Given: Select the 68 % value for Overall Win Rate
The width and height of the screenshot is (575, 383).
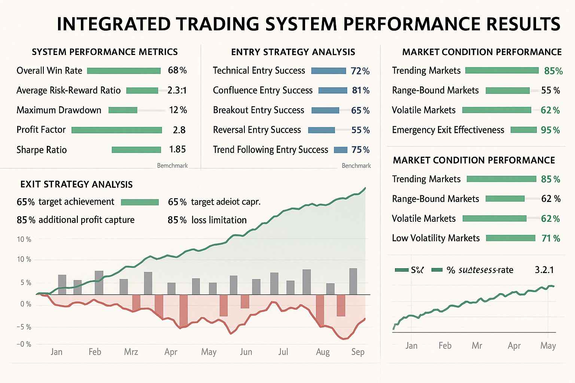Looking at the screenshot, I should pyautogui.click(x=177, y=70).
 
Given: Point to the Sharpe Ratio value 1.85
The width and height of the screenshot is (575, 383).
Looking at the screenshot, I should pyautogui.click(x=177, y=150).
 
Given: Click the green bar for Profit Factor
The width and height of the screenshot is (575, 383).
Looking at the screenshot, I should pyautogui.click(x=116, y=130).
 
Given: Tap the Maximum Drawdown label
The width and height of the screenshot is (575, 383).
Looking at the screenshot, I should pyautogui.click(x=59, y=110).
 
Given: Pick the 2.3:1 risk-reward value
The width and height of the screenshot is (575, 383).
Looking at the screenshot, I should pyautogui.click(x=177, y=90).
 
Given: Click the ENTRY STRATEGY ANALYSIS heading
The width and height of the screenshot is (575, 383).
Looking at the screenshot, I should pyautogui.click(x=293, y=52).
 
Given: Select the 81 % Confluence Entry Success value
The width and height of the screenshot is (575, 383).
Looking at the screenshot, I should pyautogui.click(x=360, y=90).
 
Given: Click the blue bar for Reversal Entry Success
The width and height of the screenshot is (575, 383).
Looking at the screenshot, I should pyautogui.click(x=321, y=130).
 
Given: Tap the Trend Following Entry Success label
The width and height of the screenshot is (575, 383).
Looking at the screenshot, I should pyautogui.click(x=270, y=150).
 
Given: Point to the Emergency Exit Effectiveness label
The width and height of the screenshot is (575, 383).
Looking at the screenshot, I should pyautogui.click(x=448, y=130).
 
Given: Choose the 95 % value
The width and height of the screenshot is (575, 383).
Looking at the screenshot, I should pyautogui.click(x=550, y=130).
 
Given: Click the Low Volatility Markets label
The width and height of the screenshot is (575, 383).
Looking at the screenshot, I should pyautogui.click(x=435, y=238).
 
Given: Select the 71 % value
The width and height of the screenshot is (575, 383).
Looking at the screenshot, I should pyautogui.click(x=550, y=238).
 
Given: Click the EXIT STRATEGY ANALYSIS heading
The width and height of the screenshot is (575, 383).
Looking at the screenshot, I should pyautogui.click(x=76, y=184).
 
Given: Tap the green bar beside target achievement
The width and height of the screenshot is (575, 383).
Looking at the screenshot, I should pyautogui.click(x=140, y=202).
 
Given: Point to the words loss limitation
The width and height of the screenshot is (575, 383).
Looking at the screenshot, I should pyautogui.click(x=219, y=220).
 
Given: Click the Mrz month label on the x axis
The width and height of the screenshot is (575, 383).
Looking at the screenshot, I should pyautogui.click(x=131, y=352).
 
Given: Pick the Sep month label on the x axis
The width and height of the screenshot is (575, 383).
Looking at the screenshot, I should pyautogui.click(x=358, y=352).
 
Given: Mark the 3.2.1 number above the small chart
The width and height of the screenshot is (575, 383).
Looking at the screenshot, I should pyautogui.click(x=544, y=270).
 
